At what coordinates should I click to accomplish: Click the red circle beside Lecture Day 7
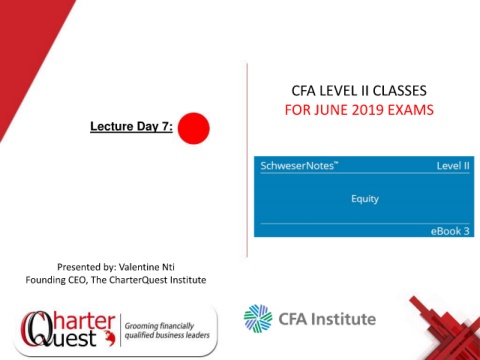click(x=194, y=128)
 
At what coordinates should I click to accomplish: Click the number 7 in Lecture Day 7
click(x=166, y=126)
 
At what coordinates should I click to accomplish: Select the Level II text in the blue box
click(x=453, y=166)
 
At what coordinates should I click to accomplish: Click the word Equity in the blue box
click(x=365, y=199)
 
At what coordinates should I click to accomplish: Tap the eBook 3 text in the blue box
click(x=450, y=231)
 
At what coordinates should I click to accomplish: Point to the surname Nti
click(x=168, y=267)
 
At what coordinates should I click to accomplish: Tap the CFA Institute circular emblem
click(x=258, y=318)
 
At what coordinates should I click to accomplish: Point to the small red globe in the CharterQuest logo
click(x=109, y=337)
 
